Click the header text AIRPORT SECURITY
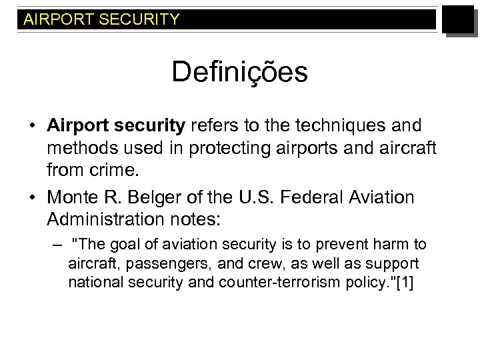pyautogui.click(x=101, y=19)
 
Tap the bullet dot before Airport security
pyautogui.click(x=31, y=125)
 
